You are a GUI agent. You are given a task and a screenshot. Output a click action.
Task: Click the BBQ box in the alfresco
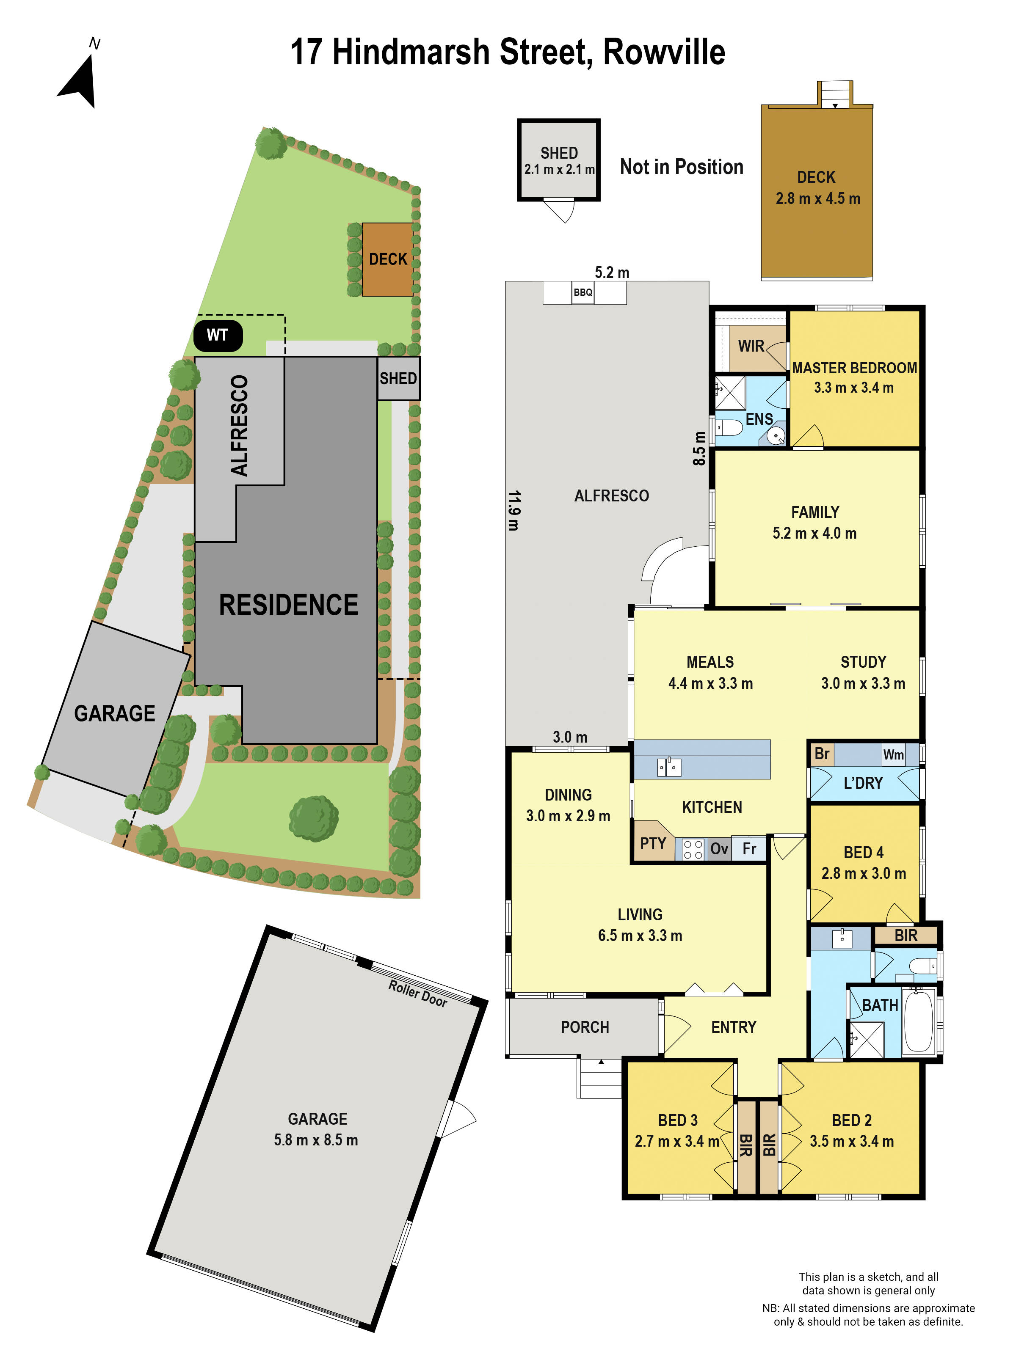tap(583, 293)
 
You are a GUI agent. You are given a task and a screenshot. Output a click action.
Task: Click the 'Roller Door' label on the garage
tap(418, 993)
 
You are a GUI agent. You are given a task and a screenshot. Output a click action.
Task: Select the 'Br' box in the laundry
tap(822, 754)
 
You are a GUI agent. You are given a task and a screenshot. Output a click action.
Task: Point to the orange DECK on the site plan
tap(388, 259)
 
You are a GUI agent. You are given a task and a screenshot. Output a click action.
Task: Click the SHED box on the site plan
tap(398, 378)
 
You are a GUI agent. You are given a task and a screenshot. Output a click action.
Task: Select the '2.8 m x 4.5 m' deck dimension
tap(817, 199)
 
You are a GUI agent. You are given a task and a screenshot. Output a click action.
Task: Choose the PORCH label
tap(585, 1027)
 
